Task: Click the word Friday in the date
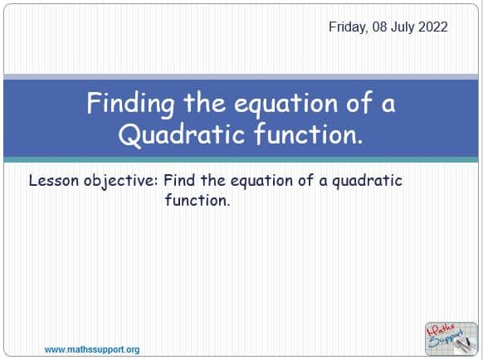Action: tap(349, 27)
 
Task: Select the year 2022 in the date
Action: tap(433, 27)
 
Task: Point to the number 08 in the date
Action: tap(380, 27)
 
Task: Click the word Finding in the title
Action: tap(130, 105)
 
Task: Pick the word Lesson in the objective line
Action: tap(54, 180)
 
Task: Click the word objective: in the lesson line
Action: tap(121, 181)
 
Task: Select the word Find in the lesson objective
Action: tap(179, 180)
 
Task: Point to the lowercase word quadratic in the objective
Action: tap(367, 181)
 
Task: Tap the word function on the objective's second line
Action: tap(198, 200)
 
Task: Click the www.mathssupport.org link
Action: tap(92, 350)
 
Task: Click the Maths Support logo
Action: tap(451, 338)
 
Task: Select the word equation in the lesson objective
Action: tap(261, 181)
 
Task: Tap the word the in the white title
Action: tap(204, 104)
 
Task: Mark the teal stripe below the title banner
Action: tap(241, 159)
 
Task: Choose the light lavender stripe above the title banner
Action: tap(241, 77)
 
